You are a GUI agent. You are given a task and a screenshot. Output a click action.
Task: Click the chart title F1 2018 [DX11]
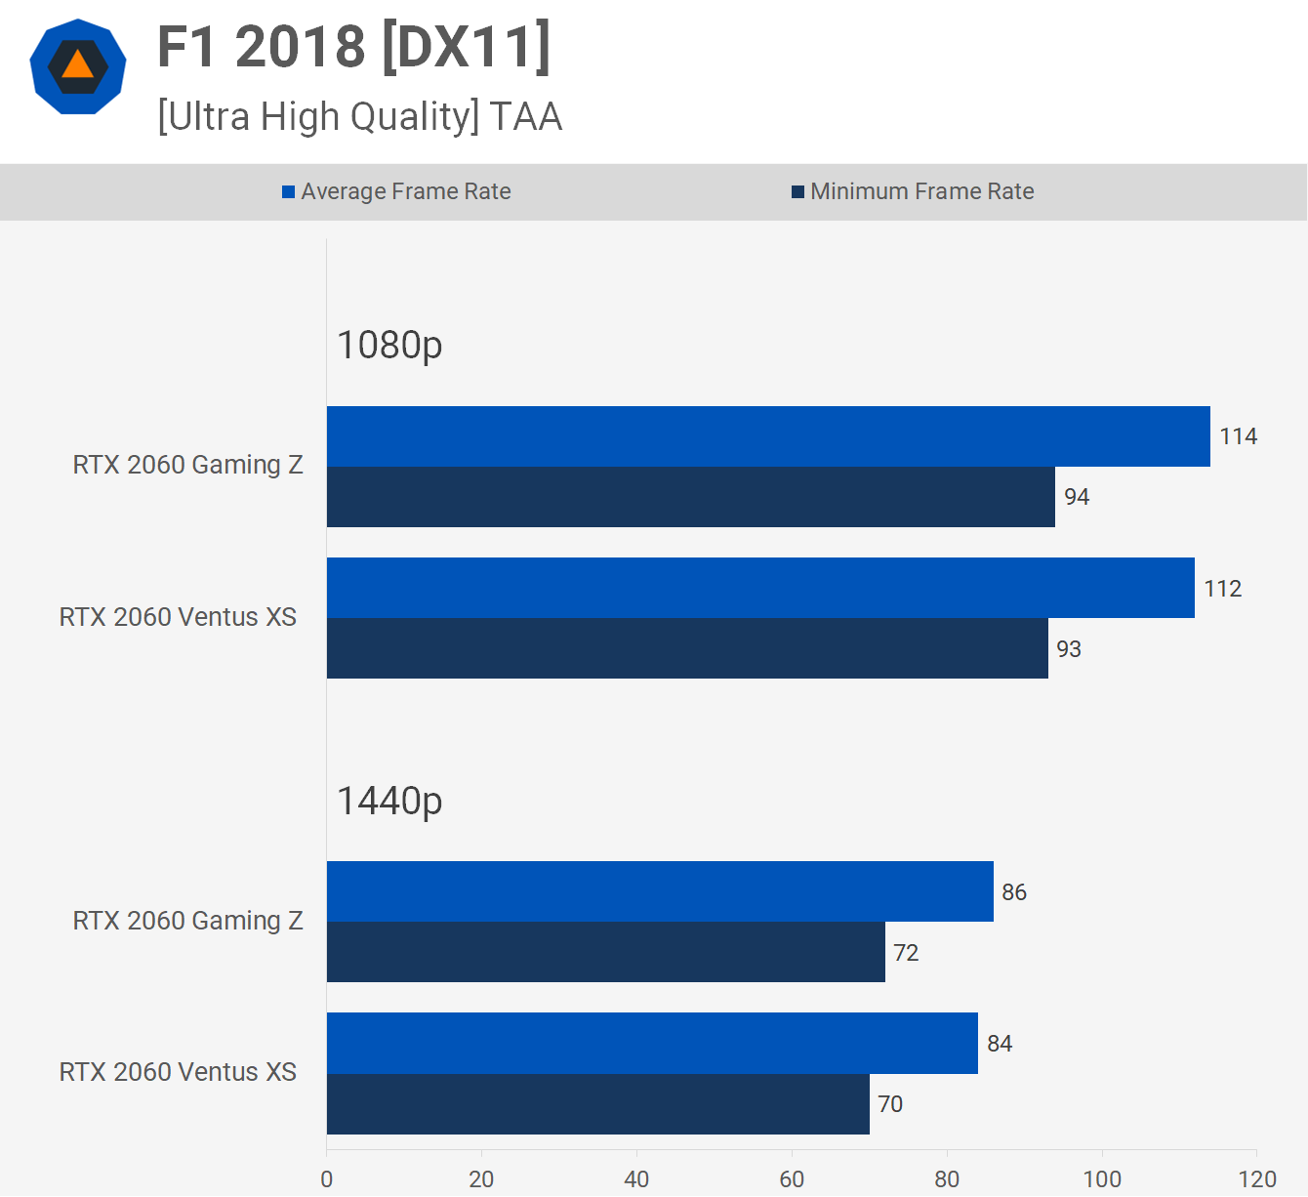[353, 47]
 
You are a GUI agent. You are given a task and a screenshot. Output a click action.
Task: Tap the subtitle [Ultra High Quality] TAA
[359, 116]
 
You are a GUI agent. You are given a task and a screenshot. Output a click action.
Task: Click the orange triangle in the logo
[77, 65]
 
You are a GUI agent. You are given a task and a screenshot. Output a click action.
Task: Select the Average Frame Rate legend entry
[396, 191]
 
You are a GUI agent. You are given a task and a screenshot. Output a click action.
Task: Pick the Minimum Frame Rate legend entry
[913, 191]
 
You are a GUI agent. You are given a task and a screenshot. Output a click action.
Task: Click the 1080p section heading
[389, 345]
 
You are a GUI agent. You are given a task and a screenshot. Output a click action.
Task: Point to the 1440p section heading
[389, 801]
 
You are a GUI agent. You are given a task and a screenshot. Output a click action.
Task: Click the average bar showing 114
[768, 436]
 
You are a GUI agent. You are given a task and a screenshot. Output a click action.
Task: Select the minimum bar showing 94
[690, 497]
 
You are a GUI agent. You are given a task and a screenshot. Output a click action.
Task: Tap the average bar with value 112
[760, 588]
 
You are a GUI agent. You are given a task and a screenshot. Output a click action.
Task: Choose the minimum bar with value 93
[687, 648]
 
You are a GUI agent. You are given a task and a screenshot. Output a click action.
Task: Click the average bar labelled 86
[660, 891]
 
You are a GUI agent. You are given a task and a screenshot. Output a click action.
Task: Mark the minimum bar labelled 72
[605, 952]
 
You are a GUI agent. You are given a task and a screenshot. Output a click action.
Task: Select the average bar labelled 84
[652, 1043]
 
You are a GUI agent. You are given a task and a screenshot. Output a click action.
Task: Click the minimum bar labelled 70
[597, 1104]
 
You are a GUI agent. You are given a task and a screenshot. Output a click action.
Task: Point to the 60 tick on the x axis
[792, 1178]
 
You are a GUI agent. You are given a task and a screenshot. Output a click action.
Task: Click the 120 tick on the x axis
[1257, 1178]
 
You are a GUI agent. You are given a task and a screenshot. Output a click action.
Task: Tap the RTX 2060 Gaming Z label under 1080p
[187, 465]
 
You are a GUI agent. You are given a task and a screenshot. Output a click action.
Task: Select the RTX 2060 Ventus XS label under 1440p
[178, 1072]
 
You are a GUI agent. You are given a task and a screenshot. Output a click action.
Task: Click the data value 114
[1238, 436]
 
